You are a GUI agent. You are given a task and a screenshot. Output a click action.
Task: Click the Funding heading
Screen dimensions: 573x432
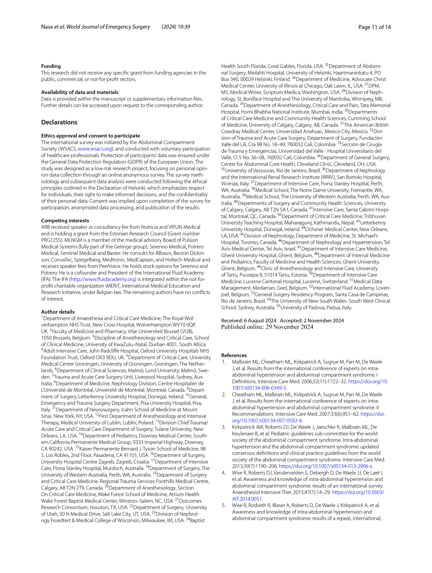51,66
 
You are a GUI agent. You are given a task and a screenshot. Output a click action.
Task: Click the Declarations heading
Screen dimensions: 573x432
59,122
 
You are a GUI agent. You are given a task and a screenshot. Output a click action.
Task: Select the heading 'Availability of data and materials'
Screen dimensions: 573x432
80,92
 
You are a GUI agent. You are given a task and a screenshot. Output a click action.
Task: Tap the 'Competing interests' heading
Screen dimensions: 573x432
65,220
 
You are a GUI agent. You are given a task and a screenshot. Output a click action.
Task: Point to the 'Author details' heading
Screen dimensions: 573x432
58,312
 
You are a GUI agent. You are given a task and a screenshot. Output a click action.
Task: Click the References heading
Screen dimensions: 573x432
234,355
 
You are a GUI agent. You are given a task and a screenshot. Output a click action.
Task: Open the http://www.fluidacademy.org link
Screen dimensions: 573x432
103,279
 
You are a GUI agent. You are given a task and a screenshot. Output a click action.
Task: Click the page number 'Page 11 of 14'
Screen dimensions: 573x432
374,27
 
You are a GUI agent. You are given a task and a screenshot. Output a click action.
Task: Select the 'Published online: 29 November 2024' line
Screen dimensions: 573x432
267,327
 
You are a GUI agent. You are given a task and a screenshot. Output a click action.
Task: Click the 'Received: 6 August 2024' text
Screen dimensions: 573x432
249,320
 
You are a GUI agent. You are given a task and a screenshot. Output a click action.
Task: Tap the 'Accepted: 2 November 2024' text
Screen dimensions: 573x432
312,320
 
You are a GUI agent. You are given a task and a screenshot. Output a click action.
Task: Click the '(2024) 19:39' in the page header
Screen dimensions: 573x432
176,27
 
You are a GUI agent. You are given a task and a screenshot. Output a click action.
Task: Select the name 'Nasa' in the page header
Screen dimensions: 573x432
47,27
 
